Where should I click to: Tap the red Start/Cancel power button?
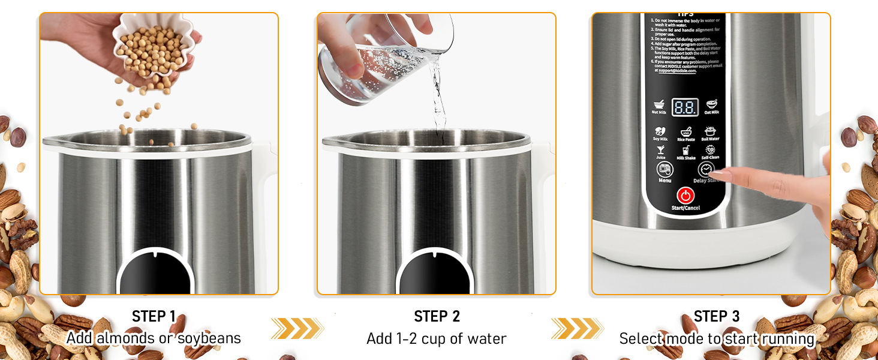tap(685, 195)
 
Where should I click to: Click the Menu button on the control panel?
tap(664, 170)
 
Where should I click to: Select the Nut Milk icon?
tap(659, 104)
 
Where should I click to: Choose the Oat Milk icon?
tap(711, 104)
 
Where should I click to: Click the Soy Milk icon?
tap(660, 131)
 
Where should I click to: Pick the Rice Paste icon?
tap(685, 131)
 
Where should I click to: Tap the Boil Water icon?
tap(710, 131)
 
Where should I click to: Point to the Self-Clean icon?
tap(710, 150)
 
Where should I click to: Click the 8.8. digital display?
tap(685, 107)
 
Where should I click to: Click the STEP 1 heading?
tap(154, 316)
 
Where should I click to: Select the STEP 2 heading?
tap(436, 316)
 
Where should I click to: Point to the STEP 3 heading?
tap(716, 316)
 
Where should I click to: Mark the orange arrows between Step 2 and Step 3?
tap(577, 328)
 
